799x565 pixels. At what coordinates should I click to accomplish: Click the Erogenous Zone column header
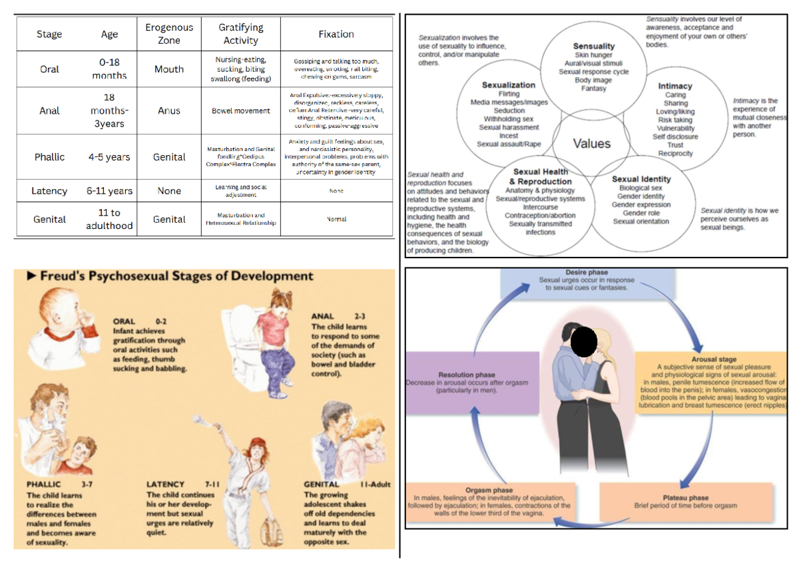pyautogui.click(x=169, y=34)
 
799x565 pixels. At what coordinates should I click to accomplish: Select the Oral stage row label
pyautogui.click(x=49, y=69)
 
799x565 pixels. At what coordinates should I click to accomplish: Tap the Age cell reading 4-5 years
pyautogui.click(x=109, y=158)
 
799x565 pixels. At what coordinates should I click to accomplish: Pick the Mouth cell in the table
pyautogui.click(x=169, y=69)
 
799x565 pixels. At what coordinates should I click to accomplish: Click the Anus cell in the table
pyautogui.click(x=169, y=111)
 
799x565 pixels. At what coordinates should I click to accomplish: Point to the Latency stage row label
pyautogui.click(x=49, y=191)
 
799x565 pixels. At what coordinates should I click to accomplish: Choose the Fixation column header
pyautogui.click(x=336, y=34)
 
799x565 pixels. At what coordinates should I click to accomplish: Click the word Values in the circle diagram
pyautogui.click(x=591, y=144)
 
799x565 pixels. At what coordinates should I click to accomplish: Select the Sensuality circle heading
pyautogui.click(x=594, y=46)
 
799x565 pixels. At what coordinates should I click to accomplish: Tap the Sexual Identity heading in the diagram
pyautogui.click(x=641, y=179)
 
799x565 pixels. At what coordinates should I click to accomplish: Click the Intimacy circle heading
pyautogui.click(x=675, y=86)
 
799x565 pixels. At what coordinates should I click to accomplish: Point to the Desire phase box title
pyautogui.click(x=586, y=273)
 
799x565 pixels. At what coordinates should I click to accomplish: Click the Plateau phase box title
pyautogui.click(x=685, y=497)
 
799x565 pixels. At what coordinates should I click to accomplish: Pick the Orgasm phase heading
pyautogui.click(x=489, y=490)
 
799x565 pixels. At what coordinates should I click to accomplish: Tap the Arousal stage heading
pyautogui.click(x=713, y=359)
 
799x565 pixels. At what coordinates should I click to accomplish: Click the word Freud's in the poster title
pyautogui.click(x=66, y=276)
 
